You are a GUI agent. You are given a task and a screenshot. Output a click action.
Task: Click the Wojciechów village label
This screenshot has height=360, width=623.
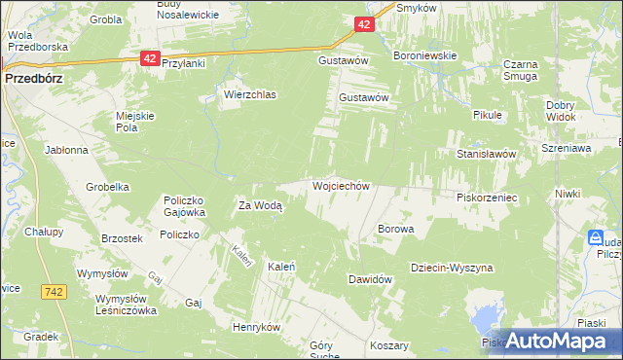point(340,185)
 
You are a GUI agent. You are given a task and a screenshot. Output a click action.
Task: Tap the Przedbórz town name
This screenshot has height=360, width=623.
point(33,80)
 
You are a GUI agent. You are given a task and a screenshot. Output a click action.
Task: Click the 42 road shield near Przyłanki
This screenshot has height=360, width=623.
point(149,58)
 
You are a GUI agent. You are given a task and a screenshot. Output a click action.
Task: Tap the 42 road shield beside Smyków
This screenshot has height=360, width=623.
point(362,24)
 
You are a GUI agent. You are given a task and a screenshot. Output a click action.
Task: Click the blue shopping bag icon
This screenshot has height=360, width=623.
point(595,237)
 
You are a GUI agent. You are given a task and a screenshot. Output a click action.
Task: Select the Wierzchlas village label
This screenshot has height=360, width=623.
point(250,95)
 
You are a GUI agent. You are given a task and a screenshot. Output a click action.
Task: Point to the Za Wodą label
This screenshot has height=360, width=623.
point(260,205)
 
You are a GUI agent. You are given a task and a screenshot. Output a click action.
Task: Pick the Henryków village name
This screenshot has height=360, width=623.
point(256,327)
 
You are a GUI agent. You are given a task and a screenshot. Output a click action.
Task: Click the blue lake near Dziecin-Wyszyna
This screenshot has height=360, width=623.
point(484,316)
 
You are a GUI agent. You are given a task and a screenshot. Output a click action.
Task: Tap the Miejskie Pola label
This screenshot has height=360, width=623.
point(136,121)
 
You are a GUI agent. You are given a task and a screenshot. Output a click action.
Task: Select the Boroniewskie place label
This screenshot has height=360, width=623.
point(424,55)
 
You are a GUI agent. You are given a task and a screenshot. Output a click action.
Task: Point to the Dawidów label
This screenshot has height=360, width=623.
point(370,279)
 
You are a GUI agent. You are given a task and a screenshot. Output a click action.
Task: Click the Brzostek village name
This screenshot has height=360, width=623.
point(123,238)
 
